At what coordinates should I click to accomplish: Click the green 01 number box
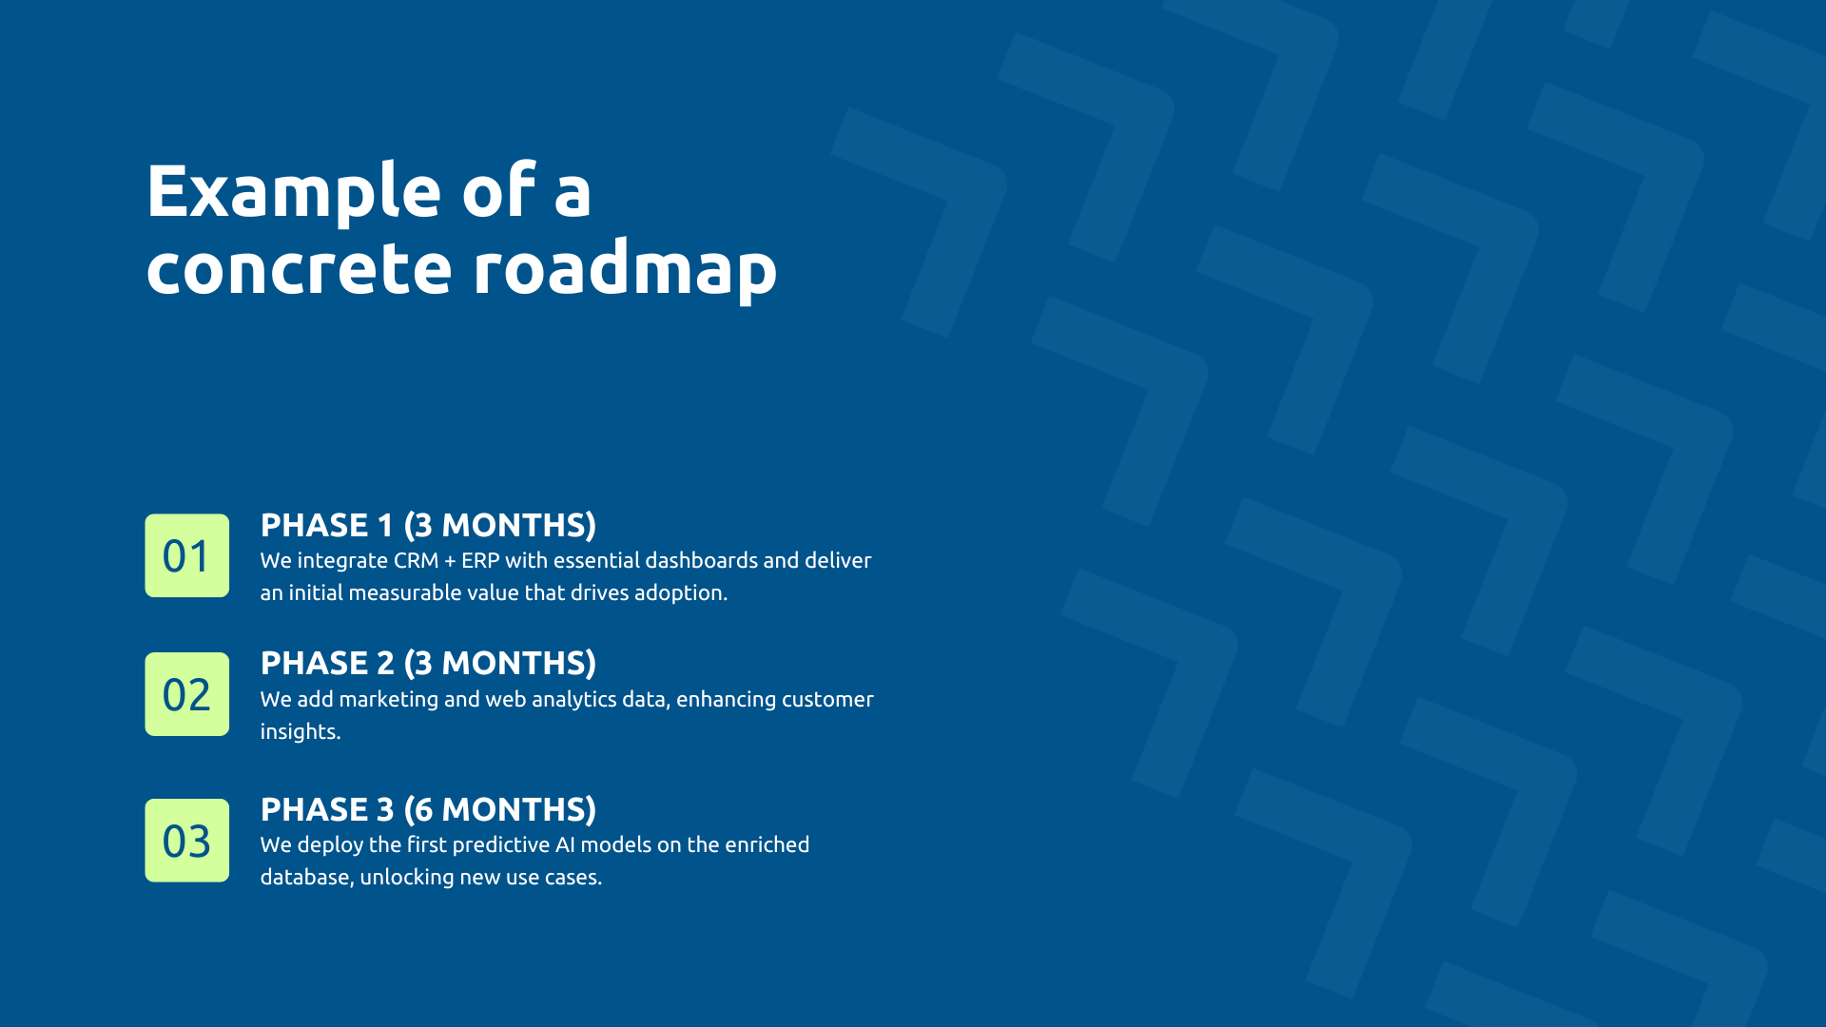pos(186,555)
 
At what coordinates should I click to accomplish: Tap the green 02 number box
pos(186,694)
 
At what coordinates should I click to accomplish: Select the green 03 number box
pos(186,841)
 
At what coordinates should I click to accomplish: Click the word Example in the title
pos(293,192)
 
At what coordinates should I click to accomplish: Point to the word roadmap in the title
pos(625,269)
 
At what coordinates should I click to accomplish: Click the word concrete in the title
pos(299,269)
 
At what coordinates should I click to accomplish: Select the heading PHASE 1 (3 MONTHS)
pos(428,525)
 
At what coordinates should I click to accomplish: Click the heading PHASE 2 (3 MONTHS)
pos(428,663)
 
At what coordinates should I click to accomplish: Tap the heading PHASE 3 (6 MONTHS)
pos(428,809)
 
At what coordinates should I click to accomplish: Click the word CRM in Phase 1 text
pos(416,560)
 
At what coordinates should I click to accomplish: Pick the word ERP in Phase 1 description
pos(480,560)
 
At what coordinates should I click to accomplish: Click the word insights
pos(300,731)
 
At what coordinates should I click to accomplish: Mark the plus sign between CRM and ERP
pos(450,561)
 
